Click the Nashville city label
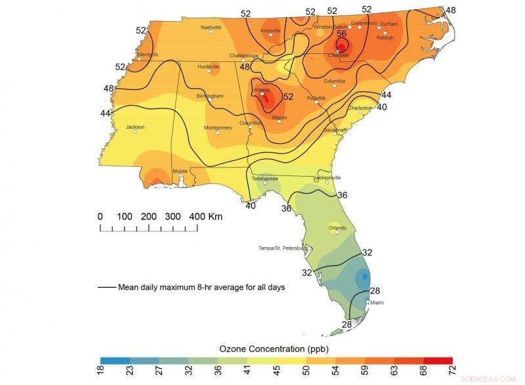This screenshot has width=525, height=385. [x=211, y=28]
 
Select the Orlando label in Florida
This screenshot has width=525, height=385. [x=337, y=227]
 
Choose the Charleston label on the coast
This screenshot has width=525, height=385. [x=360, y=108]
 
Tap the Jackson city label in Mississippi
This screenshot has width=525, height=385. [x=135, y=126]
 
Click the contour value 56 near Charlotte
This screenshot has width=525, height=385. [x=341, y=34]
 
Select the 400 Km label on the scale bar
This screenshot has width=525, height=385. [x=205, y=216]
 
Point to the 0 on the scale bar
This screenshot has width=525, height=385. [x=100, y=216]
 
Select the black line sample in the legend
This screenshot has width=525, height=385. [x=106, y=287]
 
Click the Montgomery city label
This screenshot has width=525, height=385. [x=218, y=127]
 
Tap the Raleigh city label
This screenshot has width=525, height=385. [x=385, y=38]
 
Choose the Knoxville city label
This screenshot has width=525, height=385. [x=270, y=30]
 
